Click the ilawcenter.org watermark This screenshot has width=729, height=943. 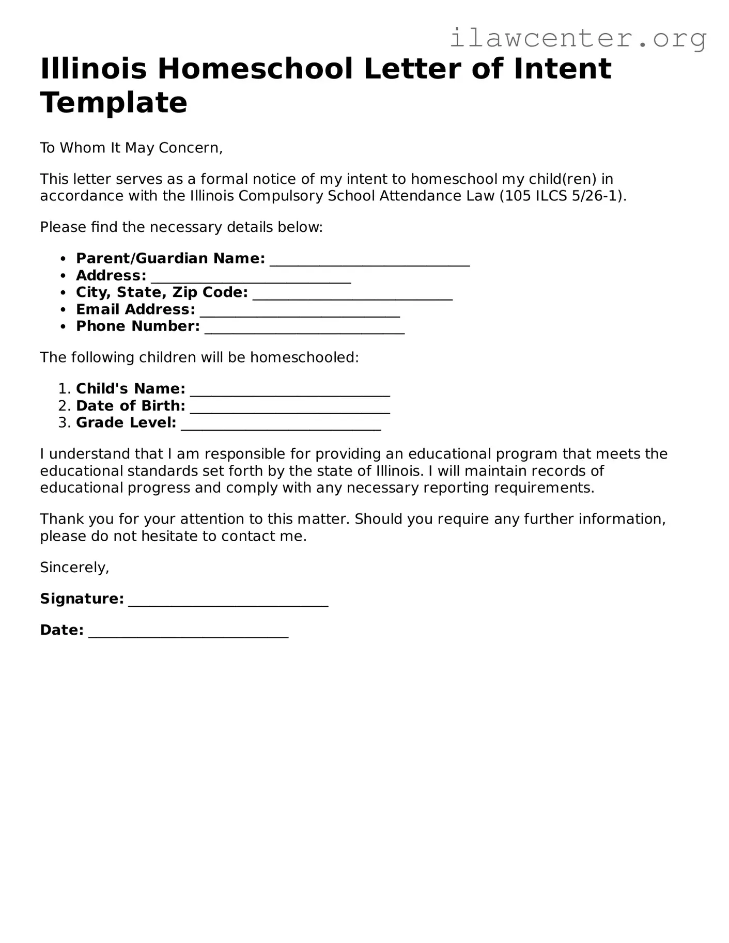click(578, 38)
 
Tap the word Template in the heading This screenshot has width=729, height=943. click(114, 102)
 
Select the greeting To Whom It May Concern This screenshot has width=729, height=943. click(131, 148)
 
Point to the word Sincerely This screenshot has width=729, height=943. click(74, 568)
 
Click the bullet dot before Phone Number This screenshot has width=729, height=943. click(64, 327)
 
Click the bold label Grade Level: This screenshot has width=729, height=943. click(126, 423)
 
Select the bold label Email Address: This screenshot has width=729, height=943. click(135, 310)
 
